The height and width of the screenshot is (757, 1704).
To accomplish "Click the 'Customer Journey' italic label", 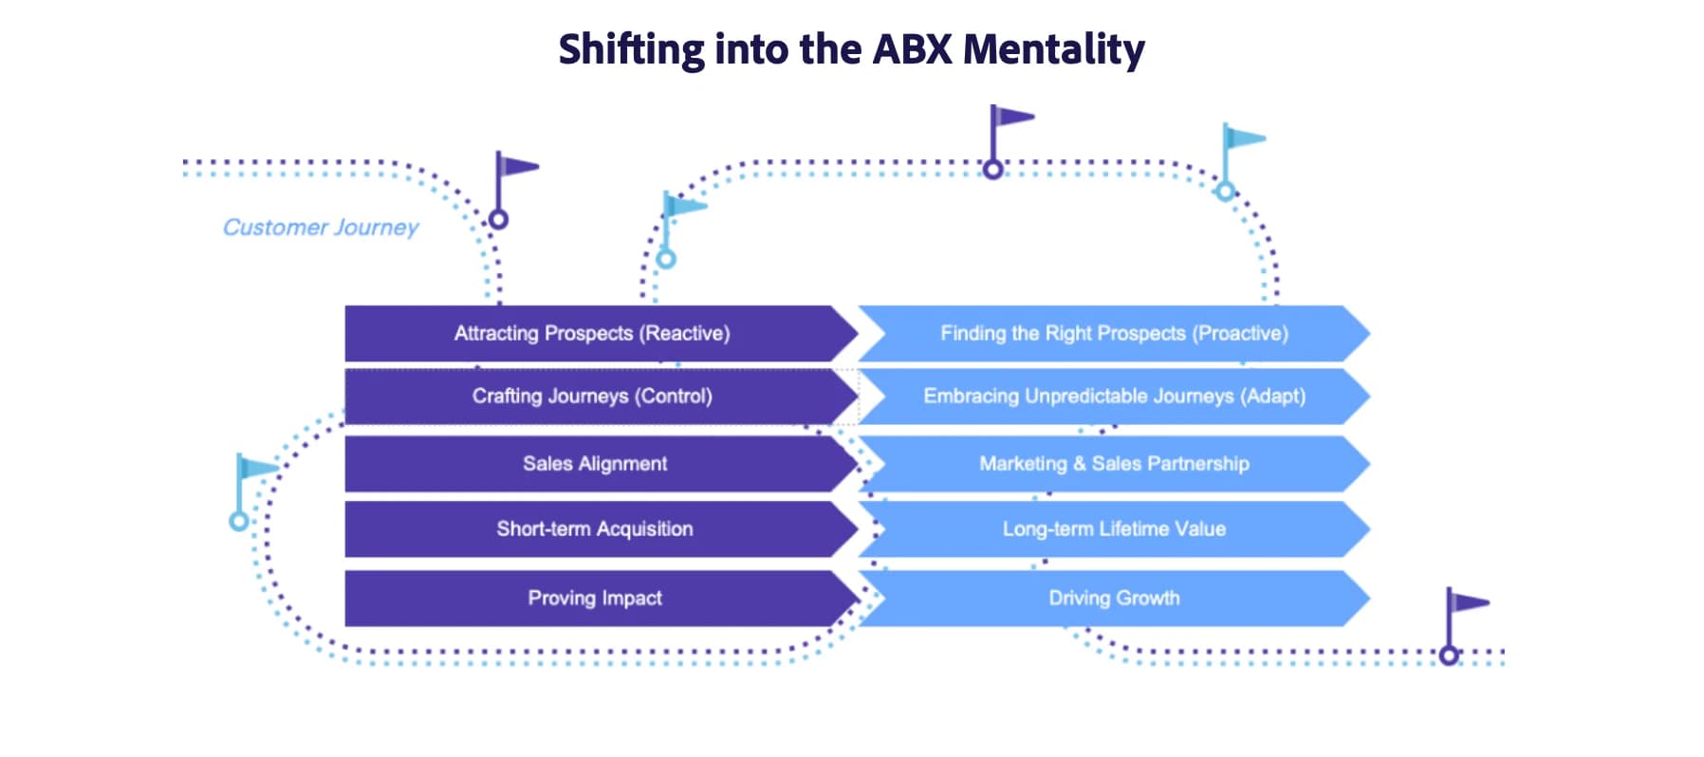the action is (x=321, y=228).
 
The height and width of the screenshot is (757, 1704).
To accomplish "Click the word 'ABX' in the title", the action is (x=912, y=49).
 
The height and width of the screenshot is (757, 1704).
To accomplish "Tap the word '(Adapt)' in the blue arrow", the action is (x=1272, y=397).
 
